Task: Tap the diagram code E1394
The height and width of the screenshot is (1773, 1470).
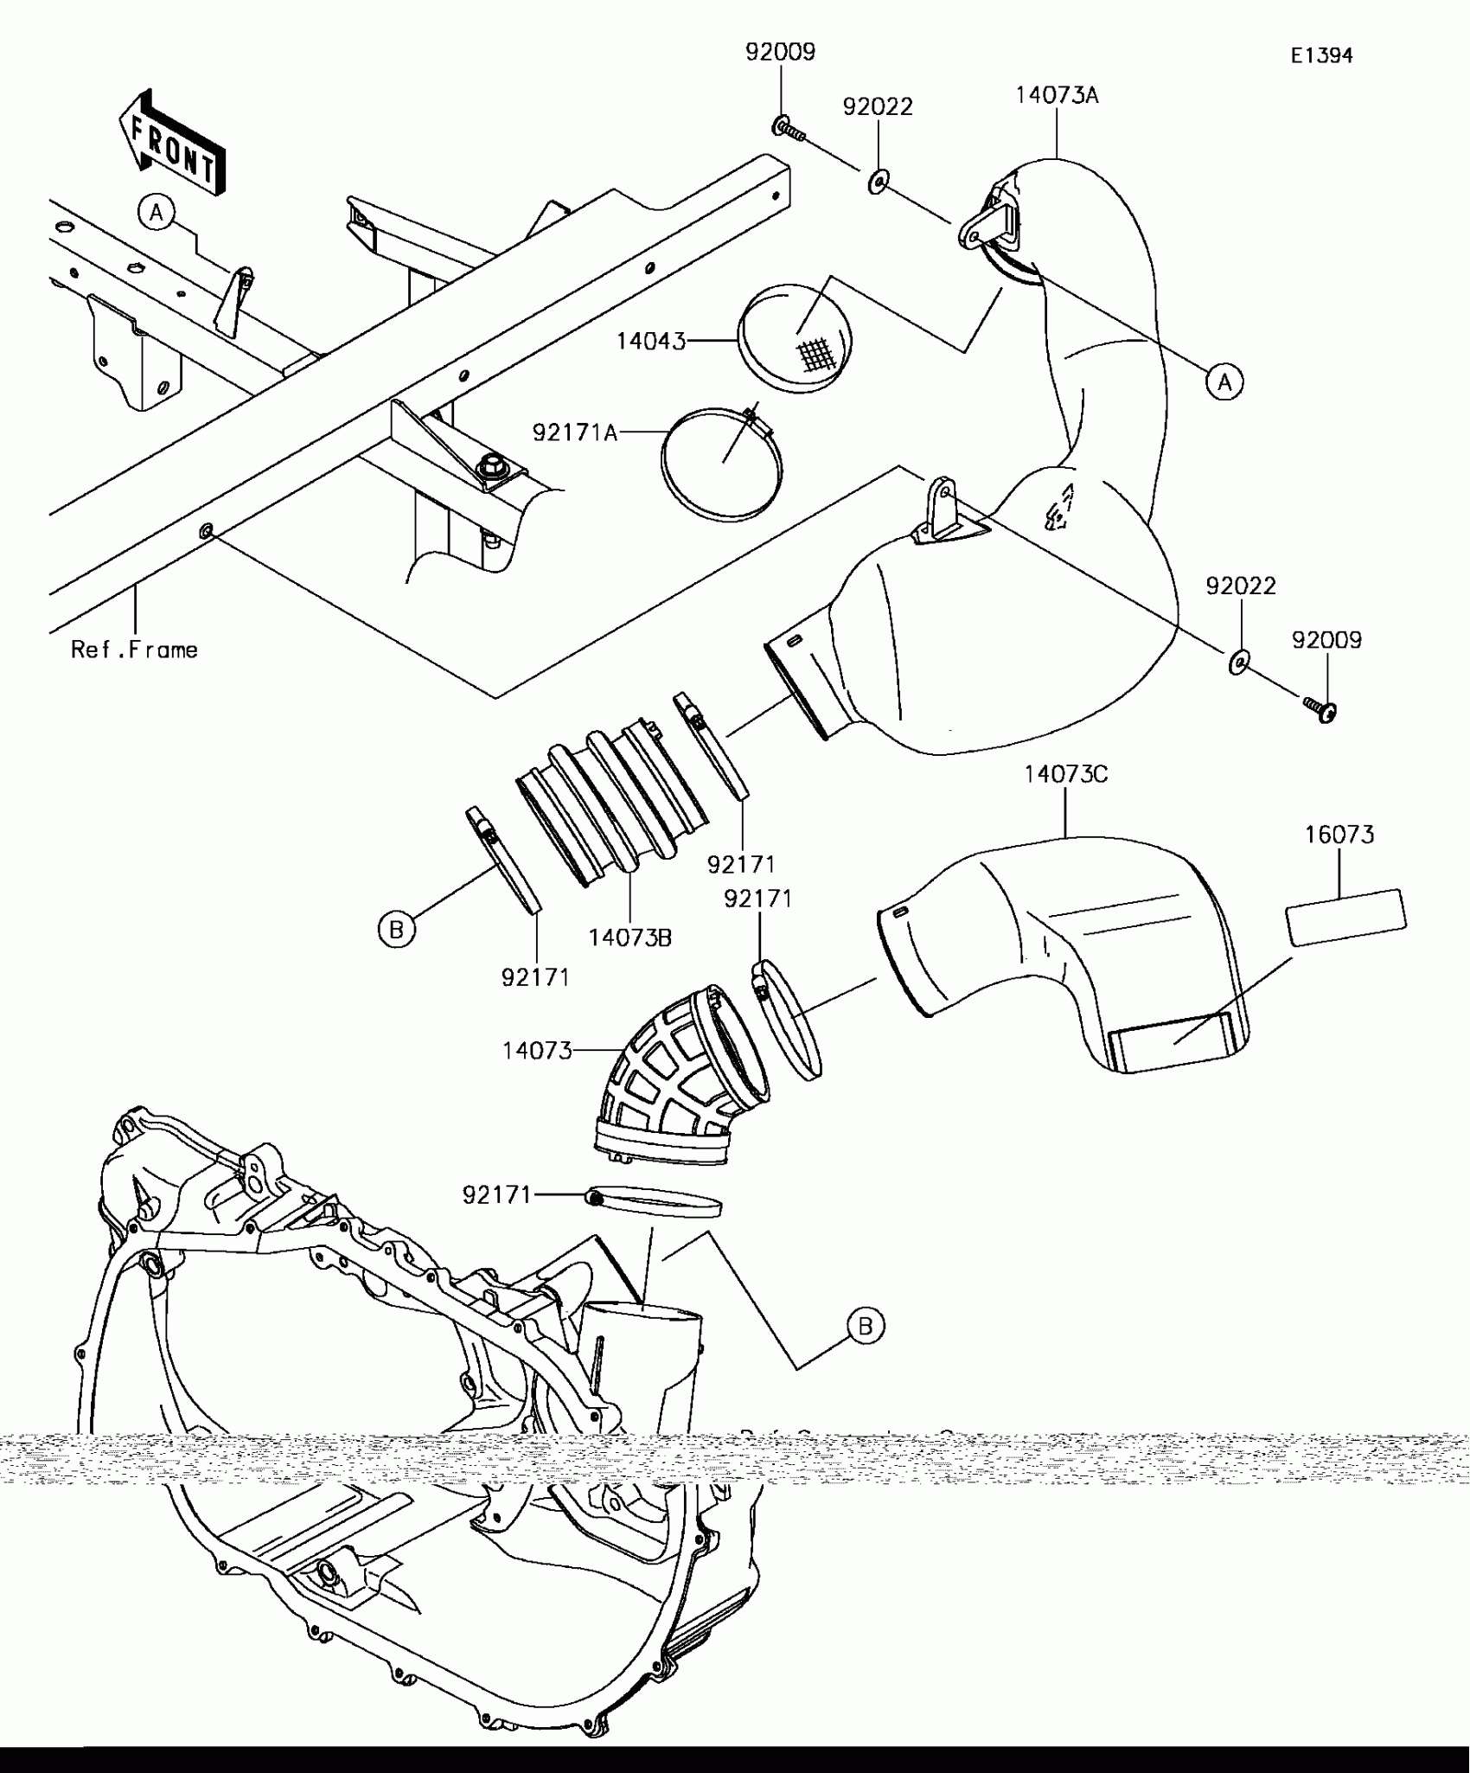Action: pos(1321,56)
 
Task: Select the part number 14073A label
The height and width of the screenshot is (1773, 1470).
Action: pos(1057,95)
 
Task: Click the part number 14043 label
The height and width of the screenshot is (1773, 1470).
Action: pos(650,342)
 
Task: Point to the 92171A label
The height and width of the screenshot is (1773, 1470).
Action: pos(575,432)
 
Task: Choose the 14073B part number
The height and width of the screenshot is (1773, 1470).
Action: pos(630,938)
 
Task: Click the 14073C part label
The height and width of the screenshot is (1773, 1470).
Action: pos(1065,775)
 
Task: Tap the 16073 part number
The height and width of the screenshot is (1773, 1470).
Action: pos(1339,835)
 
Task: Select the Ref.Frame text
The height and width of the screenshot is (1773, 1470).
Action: pos(134,650)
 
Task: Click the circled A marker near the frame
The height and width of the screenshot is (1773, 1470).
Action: pos(157,212)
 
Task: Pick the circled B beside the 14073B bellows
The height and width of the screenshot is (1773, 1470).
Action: pos(397,930)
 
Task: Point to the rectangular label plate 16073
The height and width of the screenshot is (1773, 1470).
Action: pos(1345,917)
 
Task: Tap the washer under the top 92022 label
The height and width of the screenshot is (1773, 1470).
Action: pos(879,182)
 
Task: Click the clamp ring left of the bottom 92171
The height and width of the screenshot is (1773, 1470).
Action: pos(655,1202)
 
